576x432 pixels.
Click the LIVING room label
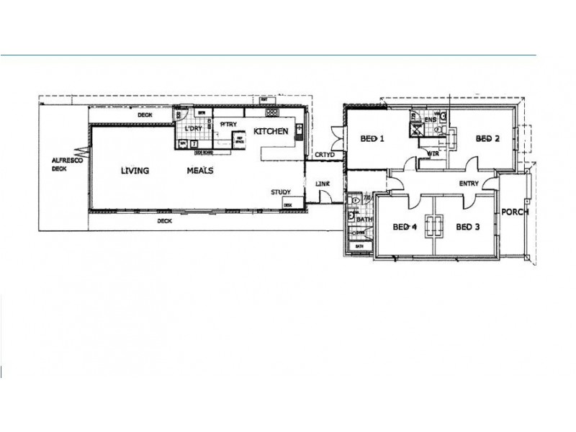[135, 171]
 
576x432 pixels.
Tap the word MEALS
[199, 171]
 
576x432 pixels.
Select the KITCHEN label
[271, 131]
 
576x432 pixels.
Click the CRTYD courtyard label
[323, 155]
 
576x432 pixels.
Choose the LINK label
[323, 184]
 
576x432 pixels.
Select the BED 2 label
[487, 139]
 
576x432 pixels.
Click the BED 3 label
[468, 227]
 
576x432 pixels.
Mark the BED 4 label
[405, 227]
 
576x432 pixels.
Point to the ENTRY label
[469, 184]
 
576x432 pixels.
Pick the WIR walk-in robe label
[434, 153]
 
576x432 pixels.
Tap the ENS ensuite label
[431, 119]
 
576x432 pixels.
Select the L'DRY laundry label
[192, 129]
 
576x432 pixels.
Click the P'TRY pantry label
[229, 124]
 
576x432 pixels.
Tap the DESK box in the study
[287, 205]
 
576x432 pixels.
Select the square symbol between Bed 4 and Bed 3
[434, 227]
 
